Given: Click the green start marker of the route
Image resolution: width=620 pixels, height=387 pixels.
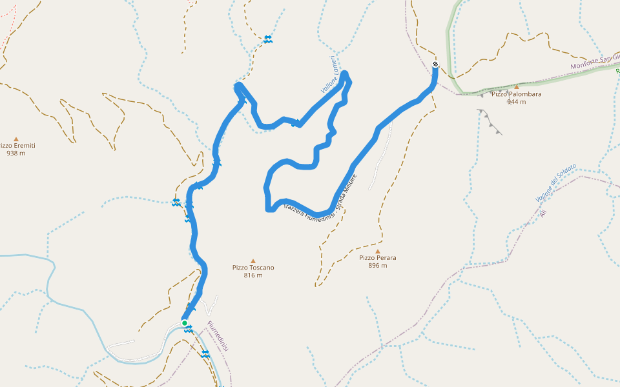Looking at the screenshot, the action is [x=185, y=322].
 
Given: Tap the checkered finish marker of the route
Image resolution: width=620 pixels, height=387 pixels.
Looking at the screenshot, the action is [x=435, y=64].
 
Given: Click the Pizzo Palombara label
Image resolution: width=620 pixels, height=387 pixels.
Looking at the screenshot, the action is [x=516, y=94].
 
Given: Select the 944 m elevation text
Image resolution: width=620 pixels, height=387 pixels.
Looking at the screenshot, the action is [x=516, y=102].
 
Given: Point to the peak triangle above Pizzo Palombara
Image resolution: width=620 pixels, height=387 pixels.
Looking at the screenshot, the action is [x=517, y=86].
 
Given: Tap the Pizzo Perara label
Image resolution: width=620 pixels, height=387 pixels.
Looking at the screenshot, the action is [x=378, y=258].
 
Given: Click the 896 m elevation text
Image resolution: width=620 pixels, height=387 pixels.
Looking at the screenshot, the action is [x=378, y=266].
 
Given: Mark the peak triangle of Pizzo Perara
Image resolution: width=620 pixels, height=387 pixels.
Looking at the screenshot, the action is [x=378, y=250].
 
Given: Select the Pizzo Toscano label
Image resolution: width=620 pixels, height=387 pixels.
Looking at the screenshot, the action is [x=253, y=268].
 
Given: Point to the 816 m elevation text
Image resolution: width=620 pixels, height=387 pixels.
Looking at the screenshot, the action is [x=253, y=275].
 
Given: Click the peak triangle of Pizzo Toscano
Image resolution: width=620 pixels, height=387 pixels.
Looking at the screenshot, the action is [x=253, y=260].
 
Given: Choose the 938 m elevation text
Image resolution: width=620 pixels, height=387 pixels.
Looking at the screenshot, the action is [x=16, y=154].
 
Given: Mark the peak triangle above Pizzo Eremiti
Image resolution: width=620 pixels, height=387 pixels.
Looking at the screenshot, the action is [x=16, y=138].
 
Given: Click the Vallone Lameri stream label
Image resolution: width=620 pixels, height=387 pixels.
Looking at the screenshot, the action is [x=329, y=74].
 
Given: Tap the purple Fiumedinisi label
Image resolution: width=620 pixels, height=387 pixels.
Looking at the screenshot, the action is [x=218, y=335].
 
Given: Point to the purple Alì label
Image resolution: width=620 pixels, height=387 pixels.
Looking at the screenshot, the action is [x=543, y=212].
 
